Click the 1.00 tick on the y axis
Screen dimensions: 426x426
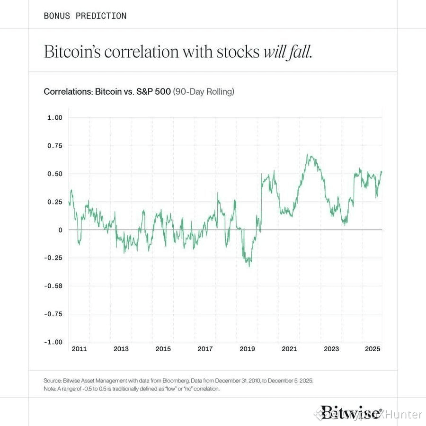55,117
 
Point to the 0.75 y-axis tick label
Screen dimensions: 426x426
55,145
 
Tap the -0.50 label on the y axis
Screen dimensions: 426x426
53,285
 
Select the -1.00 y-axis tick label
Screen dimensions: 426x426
53,342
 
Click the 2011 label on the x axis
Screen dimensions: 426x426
79,349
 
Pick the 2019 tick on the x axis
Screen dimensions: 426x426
247,349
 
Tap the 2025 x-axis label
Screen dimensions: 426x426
373,349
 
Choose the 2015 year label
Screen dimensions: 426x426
163,349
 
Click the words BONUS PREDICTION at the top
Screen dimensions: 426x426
85,16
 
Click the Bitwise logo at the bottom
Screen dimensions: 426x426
350,413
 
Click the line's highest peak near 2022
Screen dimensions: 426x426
308,155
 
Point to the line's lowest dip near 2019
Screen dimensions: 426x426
249,266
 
